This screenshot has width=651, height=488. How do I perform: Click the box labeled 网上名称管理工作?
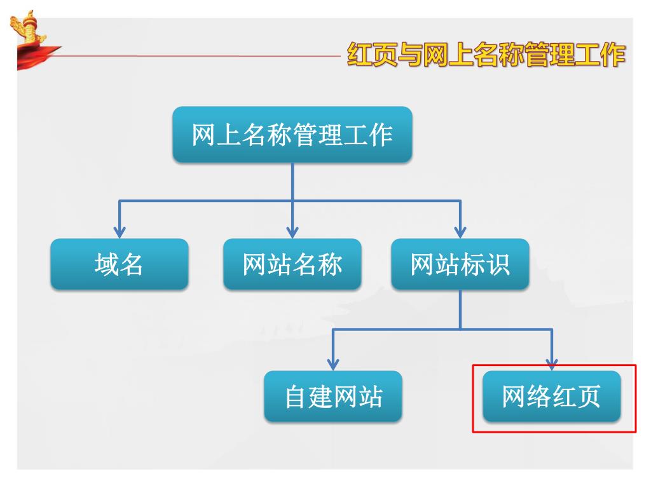pos(292,135)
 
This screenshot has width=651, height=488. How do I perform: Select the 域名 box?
pos(120,264)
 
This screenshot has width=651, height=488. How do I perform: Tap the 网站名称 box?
pos(292,264)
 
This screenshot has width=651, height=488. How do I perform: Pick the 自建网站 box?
pos(333,396)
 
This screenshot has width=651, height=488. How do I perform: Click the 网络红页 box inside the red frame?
pos(552,396)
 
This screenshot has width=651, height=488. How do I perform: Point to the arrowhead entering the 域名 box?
pos(120,232)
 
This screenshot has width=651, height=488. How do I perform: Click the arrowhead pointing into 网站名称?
pos(292,232)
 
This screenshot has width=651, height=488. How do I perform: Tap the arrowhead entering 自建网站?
pos(333,364)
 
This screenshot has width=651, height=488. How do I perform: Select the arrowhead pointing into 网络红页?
pos(552,364)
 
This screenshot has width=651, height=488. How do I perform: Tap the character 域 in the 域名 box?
pos(107,264)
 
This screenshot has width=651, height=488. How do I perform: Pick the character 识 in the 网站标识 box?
pos(498,264)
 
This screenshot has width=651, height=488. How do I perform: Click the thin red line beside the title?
pos(191,55)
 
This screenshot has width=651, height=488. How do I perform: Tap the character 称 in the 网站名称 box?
pos(330,264)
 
